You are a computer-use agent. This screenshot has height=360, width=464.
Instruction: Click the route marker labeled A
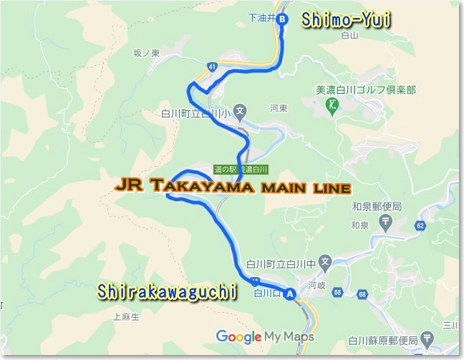point(290,293)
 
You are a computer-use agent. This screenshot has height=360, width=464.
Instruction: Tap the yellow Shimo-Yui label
point(345,19)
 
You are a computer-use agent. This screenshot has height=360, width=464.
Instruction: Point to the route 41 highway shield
point(212,67)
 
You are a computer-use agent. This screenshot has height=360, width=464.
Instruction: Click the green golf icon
point(332,106)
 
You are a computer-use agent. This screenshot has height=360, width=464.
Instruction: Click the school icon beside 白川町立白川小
point(241,112)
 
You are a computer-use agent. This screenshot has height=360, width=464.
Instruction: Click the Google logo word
point(238,336)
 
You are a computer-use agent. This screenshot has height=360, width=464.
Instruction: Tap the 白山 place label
point(349,34)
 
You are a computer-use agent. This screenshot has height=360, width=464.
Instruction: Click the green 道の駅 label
point(225,170)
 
